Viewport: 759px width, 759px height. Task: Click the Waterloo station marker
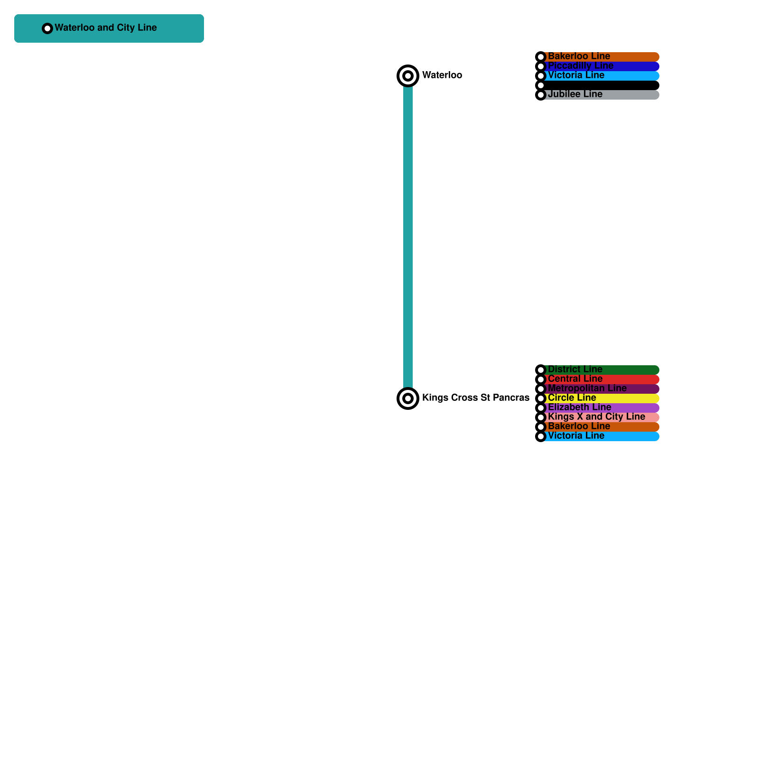click(x=407, y=75)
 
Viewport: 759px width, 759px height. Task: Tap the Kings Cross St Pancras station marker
click(x=407, y=398)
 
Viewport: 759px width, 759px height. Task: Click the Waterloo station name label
click(x=442, y=75)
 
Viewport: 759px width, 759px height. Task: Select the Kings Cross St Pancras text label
click(x=475, y=398)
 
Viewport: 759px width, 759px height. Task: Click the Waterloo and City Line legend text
click(x=105, y=28)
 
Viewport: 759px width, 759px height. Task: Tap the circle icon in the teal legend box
click(x=47, y=28)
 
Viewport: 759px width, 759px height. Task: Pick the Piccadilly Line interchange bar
click(x=600, y=66)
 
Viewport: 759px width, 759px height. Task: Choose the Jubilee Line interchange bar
click(x=600, y=94)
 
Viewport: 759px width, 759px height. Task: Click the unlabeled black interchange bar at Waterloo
click(x=600, y=85)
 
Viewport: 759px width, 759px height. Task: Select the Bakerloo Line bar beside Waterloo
click(x=600, y=56)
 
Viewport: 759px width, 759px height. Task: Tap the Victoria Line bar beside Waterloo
click(x=600, y=75)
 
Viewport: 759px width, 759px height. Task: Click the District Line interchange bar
click(x=600, y=370)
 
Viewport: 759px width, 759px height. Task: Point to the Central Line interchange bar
click(x=600, y=379)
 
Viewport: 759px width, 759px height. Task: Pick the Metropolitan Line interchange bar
click(x=600, y=389)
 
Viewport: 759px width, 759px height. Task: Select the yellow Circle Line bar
click(x=600, y=398)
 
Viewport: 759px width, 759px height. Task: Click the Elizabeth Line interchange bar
click(x=600, y=407)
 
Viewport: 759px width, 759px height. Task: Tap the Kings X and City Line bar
click(x=600, y=417)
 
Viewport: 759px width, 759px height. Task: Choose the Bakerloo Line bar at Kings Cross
click(x=600, y=426)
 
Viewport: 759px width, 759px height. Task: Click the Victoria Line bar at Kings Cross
click(x=600, y=436)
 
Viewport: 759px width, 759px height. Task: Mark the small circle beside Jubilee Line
click(x=540, y=95)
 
